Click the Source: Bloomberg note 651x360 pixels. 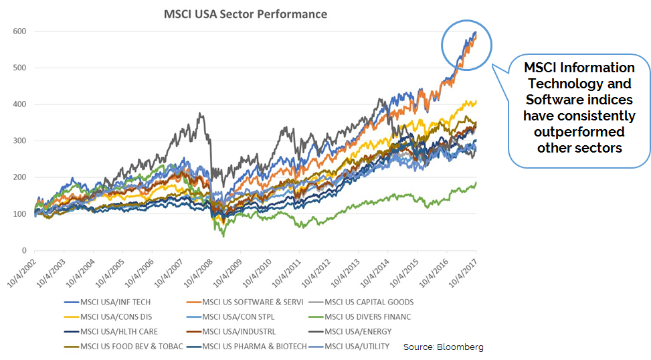click(443, 347)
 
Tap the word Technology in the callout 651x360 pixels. click(579, 84)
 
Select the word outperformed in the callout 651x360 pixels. click(579, 132)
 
